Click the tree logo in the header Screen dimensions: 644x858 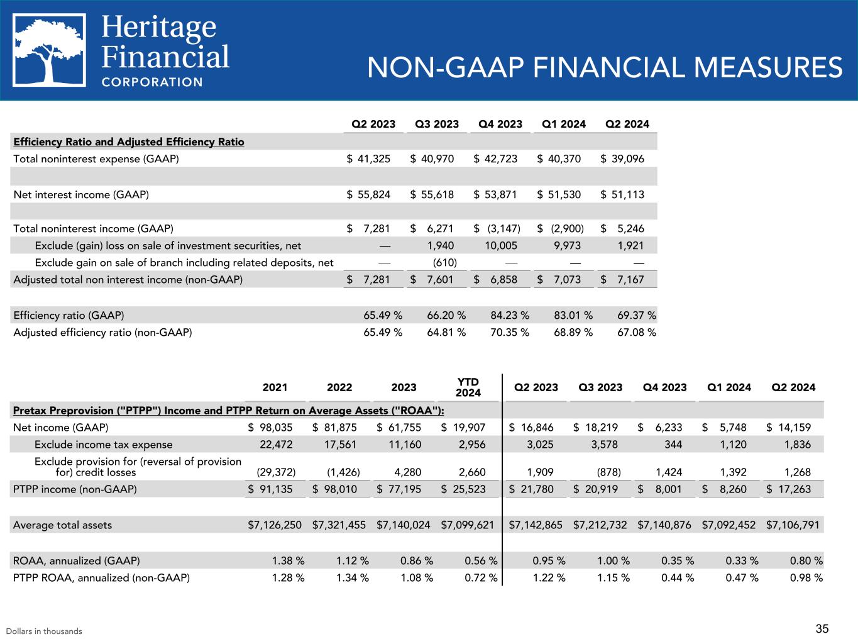pos(50,50)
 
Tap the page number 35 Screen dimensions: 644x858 pos(822,628)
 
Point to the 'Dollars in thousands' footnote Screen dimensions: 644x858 pos(44,631)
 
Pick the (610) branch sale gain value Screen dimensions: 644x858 pos(445,262)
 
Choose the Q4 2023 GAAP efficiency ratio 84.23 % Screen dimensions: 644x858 pos(509,314)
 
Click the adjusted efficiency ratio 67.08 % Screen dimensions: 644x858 pos(637,332)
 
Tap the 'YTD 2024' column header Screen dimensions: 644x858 pos(468,387)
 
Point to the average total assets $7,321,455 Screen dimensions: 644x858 pos(339,525)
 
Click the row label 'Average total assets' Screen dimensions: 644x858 pos(62,525)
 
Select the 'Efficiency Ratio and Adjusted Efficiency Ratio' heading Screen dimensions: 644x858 pos(129,142)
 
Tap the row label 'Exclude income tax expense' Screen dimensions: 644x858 pos(103,445)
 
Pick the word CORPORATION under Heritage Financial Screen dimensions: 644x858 pos(152,82)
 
